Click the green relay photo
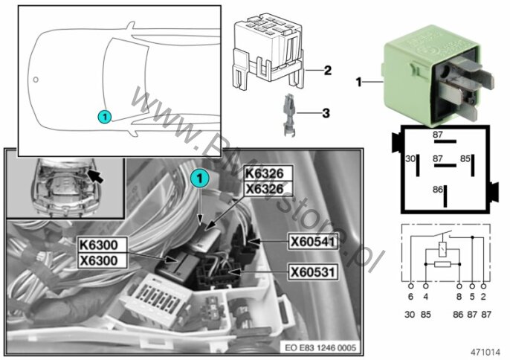click(x=425, y=74)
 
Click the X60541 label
click(x=312, y=241)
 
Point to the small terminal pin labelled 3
click(x=290, y=116)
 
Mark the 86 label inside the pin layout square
click(x=438, y=190)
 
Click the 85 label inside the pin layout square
click(x=465, y=159)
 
